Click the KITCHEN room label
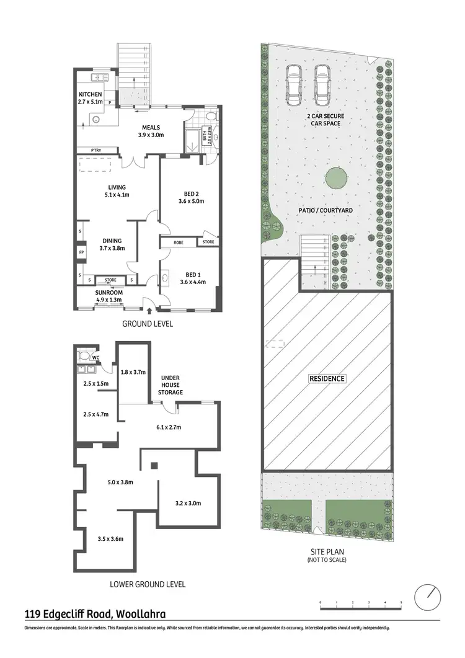coord(90,94)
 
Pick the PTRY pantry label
coord(95,150)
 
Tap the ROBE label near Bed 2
coord(178,242)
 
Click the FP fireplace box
coord(81,253)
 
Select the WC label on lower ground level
coord(96,357)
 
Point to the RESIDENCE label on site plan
coord(327,378)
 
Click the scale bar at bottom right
coord(360,602)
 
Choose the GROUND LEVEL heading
coord(147,324)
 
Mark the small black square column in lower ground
coord(154,465)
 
